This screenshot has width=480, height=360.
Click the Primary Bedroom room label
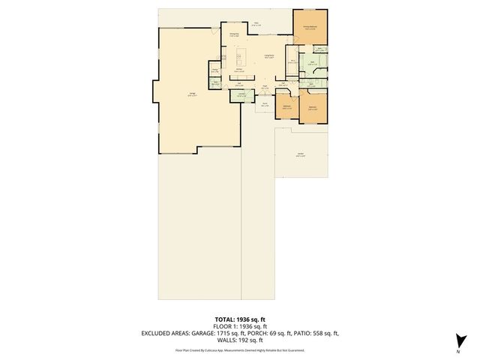[309, 27]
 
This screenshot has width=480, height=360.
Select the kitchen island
[241, 58]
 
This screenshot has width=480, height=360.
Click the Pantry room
[214, 71]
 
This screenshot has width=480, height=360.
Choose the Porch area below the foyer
[265, 106]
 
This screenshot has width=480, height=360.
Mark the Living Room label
[268, 57]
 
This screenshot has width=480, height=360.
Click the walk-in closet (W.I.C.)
[295, 63]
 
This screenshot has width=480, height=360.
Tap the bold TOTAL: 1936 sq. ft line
[240, 319]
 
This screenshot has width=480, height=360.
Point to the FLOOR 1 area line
[240, 326]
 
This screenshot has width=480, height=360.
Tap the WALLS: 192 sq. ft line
[240, 340]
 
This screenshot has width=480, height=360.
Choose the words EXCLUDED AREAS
[163, 333]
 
